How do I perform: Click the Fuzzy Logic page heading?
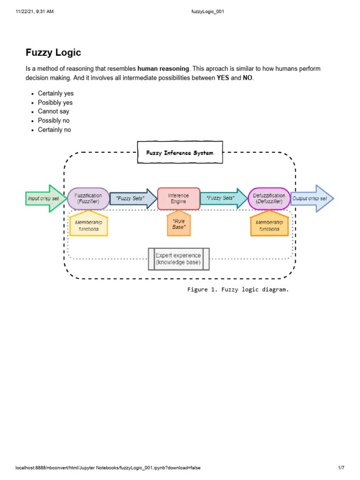pos(53,52)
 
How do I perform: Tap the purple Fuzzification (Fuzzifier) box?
pos(88,198)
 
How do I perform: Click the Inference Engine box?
pos(178,198)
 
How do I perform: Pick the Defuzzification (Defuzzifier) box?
pos(269,198)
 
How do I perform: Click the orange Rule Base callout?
pos(179,224)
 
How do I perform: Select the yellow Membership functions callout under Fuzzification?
pos(89,225)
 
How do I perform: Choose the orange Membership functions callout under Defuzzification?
pos(269,225)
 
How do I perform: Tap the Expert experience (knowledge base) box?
pos(178,259)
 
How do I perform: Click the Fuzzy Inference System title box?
pos(180,153)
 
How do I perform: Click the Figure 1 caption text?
pos(238,290)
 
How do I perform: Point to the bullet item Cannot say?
pos(53,112)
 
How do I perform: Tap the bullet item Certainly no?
pos(54,130)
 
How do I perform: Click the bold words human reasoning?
pos(164,69)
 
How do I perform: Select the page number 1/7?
pos(341,468)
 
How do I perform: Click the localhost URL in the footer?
pos(108,468)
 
